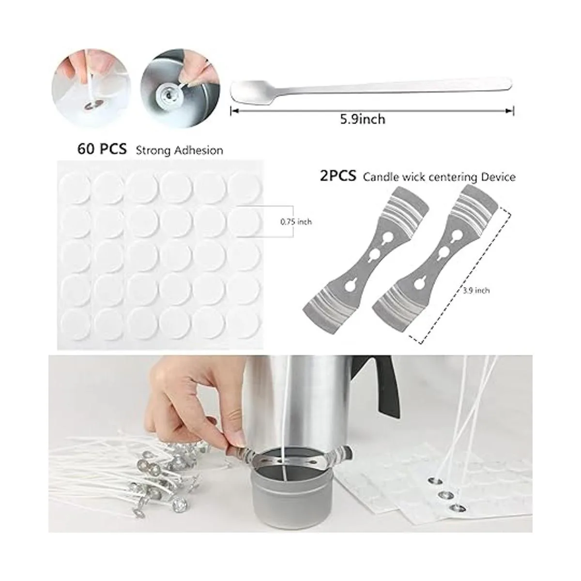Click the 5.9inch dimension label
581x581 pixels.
[363, 119]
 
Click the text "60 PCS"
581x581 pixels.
[102, 149]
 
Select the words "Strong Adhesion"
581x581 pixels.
[180, 150]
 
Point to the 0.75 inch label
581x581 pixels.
[296, 222]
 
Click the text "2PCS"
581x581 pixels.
[338, 176]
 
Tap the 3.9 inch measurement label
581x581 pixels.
[476, 290]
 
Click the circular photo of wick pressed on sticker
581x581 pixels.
[91, 88]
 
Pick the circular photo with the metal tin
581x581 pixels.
[180, 88]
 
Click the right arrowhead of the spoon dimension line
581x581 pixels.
[510, 111]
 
